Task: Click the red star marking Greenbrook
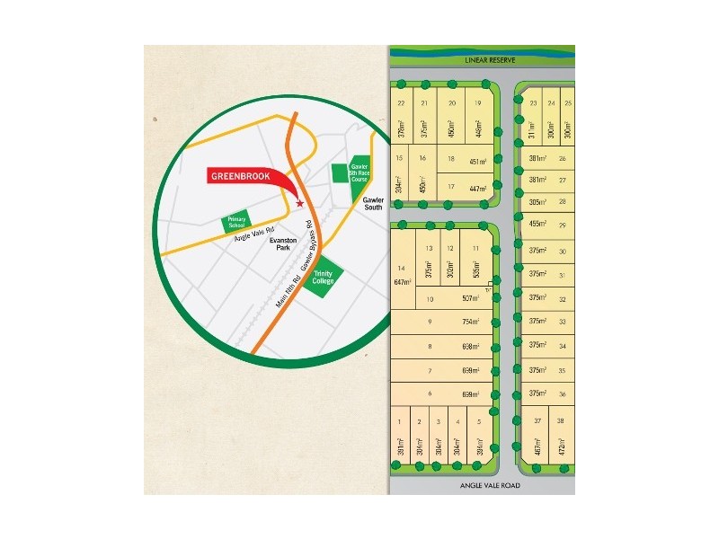pyautogui.click(x=299, y=205)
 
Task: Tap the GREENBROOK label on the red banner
pyautogui.click(x=239, y=176)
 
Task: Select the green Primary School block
pyautogui.click(x=236, y=223)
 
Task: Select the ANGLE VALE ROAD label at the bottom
pyautogui.click(x=491, y=486)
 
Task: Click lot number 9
pyautogui.click(x=430, y=322)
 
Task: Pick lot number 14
pyautogui.click(x=401, y=269)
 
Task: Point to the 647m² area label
pyautogui.click(x=401, y=282)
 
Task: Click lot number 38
pyautogui.click(x=560, y=420)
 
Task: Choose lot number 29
pyautogui.click(x=563, y=225)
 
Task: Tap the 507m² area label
pyautogui.click(x=471, y=298)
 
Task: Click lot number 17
pyautogui.click(x=451, y=187)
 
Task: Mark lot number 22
pyautogui.click(x=401, y=103)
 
